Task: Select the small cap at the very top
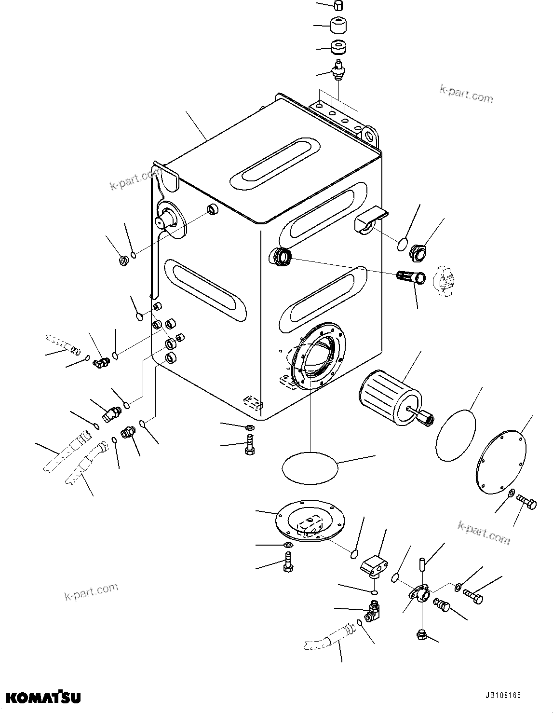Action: pos(338,6)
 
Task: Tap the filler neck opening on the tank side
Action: pos(282,256)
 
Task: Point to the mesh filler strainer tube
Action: pos(410,278)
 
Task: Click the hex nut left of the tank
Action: pos(123,261)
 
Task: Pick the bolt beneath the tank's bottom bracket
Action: pos(249,443)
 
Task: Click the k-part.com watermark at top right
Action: pos(466,95)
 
